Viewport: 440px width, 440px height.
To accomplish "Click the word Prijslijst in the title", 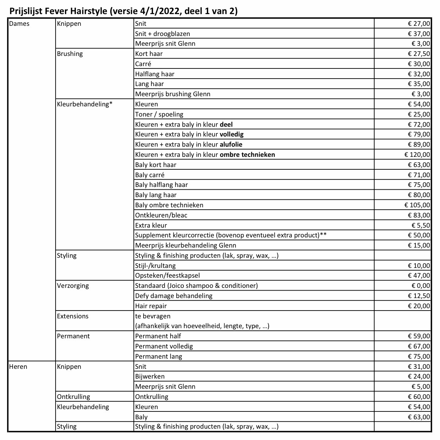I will coord(26,11).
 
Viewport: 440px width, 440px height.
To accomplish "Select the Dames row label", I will coord(19,23).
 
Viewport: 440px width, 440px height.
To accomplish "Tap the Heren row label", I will coord(18,366).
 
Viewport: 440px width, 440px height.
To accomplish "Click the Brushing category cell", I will coord(70,54).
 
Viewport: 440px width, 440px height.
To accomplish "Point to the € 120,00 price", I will coord(417,154).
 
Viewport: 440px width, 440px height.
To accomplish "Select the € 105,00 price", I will coord(417,205).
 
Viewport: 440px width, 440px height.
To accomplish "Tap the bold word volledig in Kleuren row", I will coord(232,134).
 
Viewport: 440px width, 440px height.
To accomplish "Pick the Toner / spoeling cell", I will coord(159,114).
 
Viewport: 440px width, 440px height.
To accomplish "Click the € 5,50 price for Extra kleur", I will coord(420,225).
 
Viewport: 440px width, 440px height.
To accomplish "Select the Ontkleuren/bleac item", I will coord(161,215).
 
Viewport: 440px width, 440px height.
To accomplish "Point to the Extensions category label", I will coord(72,316).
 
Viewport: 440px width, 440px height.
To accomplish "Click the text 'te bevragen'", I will coord(153,316).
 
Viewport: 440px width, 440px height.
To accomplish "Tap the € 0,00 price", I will coord(420,286).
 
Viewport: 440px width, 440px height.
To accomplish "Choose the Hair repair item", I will coord(151,306).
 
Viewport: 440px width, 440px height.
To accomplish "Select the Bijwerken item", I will coord(150,376).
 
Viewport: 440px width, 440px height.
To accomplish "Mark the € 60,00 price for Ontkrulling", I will coord(418,397).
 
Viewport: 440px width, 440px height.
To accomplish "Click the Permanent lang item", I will coord(158,356).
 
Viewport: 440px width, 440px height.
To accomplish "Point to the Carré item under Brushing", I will coord(143,64).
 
